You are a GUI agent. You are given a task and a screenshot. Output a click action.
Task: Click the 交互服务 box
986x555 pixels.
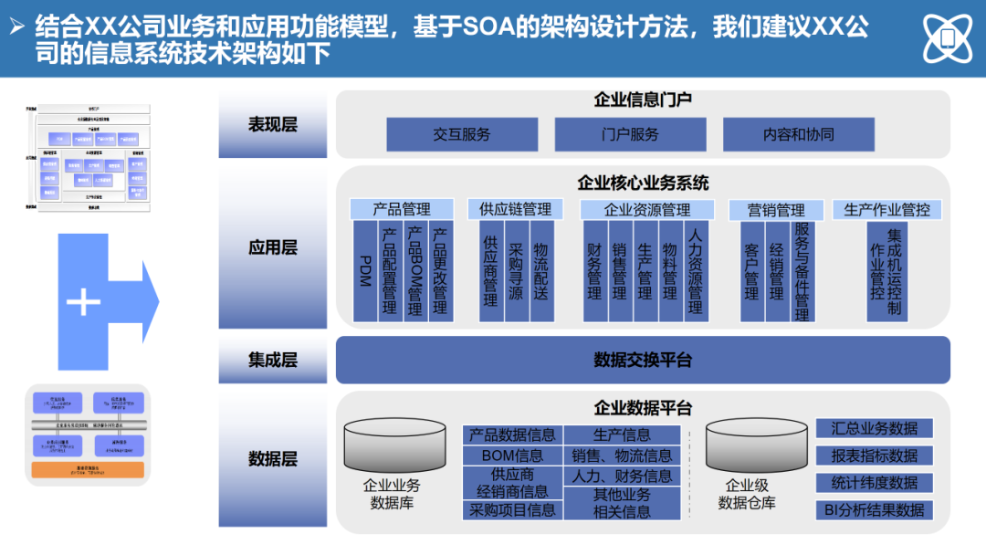pyautogui.click(x=462, y=134)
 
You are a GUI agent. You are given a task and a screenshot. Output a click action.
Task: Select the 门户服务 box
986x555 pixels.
pyautogui.click(x=630, y=134)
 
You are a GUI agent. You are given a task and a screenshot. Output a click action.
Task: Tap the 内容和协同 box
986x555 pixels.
pyautogui.click(x=799, y=134)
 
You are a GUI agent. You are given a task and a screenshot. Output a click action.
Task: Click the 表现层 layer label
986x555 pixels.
pyautogui.click(x=273, y=125)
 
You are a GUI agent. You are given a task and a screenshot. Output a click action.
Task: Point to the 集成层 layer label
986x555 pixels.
pyautogui.click(x=273, y=360)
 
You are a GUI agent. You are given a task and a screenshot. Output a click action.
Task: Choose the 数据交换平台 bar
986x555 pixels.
pyautogui.click(x=643, y=360)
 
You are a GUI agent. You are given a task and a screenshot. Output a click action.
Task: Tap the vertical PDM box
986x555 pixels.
pyautogui.click(x=365, y=270)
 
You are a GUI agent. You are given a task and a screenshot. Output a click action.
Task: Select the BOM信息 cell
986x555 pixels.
pyautogui.click(x=512, y=456)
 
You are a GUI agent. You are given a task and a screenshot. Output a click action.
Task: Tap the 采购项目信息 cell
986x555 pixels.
pyautogui.click(x=512, y=510)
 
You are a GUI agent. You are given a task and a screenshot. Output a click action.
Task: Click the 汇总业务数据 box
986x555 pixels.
pyautogui.click(x=874, y=428)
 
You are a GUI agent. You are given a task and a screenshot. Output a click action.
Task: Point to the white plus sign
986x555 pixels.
pyautogui.click(x=84, y=302)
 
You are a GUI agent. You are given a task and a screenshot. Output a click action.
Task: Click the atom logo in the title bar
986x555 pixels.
pyautogui.click(x=948, y=38)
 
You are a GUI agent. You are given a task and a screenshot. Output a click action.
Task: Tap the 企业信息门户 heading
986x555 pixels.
pyautogui.click(x=643, y=100)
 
